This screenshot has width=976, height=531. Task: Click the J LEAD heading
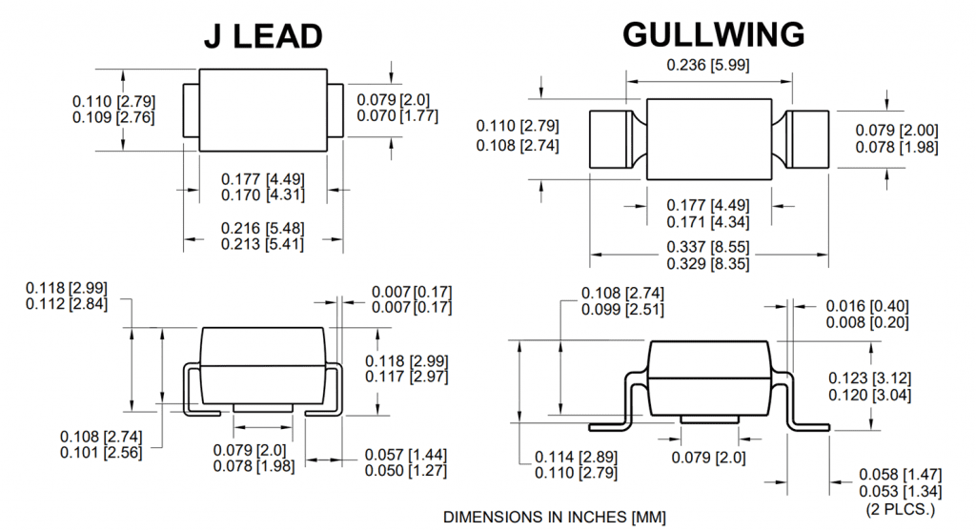coord(263,35)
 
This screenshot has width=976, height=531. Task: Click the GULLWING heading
coord(713,34)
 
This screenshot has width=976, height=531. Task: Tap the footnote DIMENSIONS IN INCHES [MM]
coord(555,516)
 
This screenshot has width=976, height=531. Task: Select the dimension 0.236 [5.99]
coord(707,65)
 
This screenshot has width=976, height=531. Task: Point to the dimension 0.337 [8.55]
coord(707,247)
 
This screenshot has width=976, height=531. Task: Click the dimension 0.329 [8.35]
coord(707,263)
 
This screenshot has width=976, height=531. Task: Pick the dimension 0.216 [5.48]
coord(262,229)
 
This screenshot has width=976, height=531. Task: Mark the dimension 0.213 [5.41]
coord(262,244)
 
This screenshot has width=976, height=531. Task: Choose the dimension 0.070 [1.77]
coord(397,116)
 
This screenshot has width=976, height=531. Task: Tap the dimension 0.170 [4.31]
coord(262,195)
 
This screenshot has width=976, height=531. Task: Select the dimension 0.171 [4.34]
coord(707,222)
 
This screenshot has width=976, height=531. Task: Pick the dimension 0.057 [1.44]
coord(406,455)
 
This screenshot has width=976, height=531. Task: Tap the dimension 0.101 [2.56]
coord(101,452)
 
